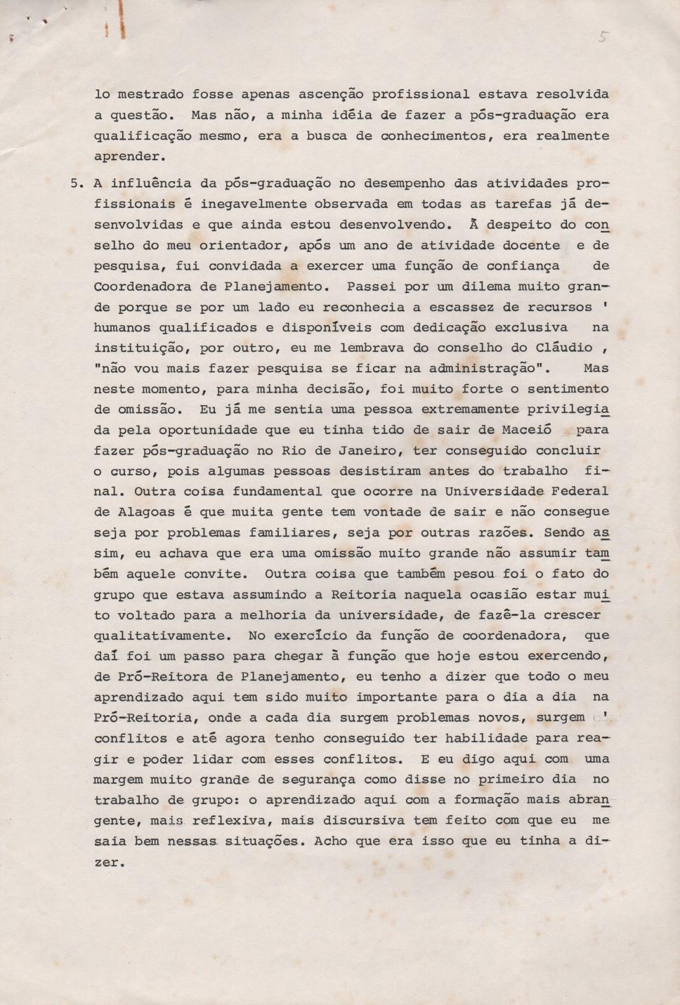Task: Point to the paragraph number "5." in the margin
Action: point(77,183)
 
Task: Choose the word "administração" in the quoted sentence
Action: point(477,368)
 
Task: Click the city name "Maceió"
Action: point(527,430)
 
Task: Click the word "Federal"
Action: point(580,492)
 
